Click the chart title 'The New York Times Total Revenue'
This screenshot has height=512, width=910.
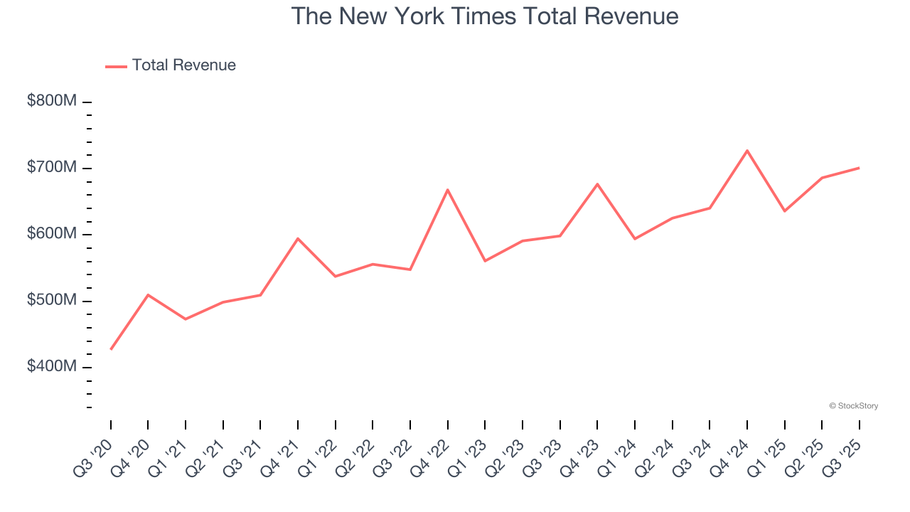click(x=485, y=16)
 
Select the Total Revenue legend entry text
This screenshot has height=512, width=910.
click(x=183, y=65)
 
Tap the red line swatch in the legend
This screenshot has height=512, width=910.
click(x=116, y=66)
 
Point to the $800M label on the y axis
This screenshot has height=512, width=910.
click(x=52, y=101)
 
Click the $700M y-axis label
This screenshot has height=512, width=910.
click(x=52, y=167)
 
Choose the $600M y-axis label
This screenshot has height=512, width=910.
click(x=52, y=234)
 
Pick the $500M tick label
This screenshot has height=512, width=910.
click(x=52, y=300)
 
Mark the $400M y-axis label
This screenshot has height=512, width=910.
click(x=52, y=366)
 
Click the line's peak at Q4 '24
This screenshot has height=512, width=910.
click(x=747, y=150)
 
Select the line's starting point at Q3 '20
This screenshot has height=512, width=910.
click(x=111, y=349)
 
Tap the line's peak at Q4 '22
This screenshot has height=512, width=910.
click(x=448, y=189)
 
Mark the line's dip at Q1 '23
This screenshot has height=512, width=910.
click(x=485, y=261)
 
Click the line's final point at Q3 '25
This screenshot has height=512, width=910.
click(x=859, y=168)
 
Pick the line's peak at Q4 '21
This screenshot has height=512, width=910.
click(x=298, y=238)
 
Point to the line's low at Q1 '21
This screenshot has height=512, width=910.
click(x=186, y=319)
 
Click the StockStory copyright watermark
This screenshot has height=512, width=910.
click(x=853, y=406)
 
